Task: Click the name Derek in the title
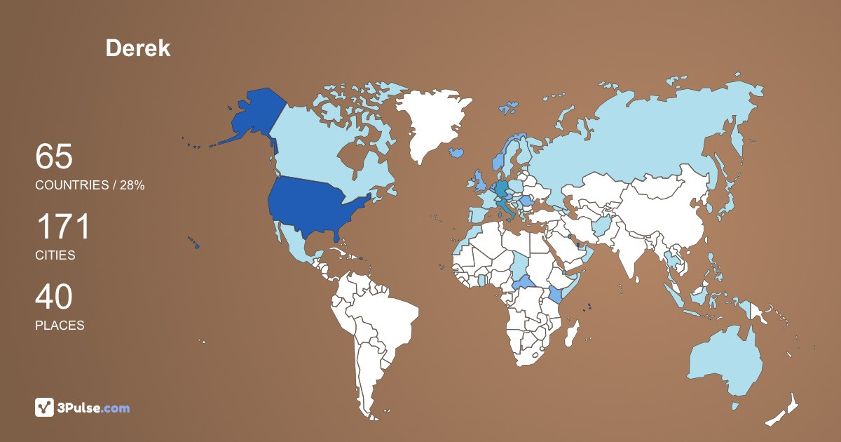pos(138,48)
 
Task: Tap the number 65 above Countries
pos(54,156)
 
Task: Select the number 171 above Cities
pos(63,227)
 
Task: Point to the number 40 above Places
pos(54,297)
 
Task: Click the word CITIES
pos(55,255)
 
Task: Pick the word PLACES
pos(60,326)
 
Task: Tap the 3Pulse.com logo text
pos(94,408)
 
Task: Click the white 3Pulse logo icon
pos(44,408)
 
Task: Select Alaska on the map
pos(252,116)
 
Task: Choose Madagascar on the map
pos(573,333)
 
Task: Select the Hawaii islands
pos(193,243)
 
